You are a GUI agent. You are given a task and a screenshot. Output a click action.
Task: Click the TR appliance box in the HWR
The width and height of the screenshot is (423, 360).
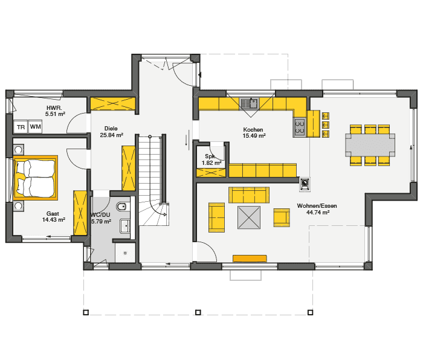[x=21, y=127]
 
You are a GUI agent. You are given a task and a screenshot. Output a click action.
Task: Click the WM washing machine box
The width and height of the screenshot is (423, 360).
[x=36, y=127]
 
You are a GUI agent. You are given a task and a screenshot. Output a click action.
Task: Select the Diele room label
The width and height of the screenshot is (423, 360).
[x=111, y=128]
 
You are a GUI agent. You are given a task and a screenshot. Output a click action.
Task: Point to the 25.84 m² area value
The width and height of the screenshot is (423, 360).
[x=111, y=135]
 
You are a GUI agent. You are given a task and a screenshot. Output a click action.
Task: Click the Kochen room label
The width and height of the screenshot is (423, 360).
[x=253, y=129]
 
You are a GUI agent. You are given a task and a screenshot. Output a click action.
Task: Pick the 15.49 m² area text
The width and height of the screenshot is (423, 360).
[x=254, y=136]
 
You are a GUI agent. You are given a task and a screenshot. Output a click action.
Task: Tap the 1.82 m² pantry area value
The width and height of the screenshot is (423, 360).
[x=211, y=163]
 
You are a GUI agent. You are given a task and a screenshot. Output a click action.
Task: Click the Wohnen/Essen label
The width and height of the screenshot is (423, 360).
[x=317, y=206]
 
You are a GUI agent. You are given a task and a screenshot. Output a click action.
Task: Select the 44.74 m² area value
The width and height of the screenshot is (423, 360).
[x=317, y=213]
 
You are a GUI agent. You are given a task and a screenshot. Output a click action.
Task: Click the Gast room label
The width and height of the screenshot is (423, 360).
[x=53, y=213]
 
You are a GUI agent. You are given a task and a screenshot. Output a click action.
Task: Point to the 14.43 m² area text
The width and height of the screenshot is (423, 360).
[x=53, y=220]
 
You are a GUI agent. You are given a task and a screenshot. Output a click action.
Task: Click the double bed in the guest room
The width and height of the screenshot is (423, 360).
[x=35, y=177]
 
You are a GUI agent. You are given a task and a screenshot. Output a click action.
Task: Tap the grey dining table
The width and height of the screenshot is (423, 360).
[x=369, y=145]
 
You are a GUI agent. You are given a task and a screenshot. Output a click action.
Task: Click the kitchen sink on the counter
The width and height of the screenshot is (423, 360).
[x=249, y=103]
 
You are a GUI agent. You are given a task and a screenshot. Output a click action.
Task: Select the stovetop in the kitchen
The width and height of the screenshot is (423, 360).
[x=299, y=127]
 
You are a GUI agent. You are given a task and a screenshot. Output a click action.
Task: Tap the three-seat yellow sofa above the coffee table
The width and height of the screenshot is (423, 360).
[x=248, y=194]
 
